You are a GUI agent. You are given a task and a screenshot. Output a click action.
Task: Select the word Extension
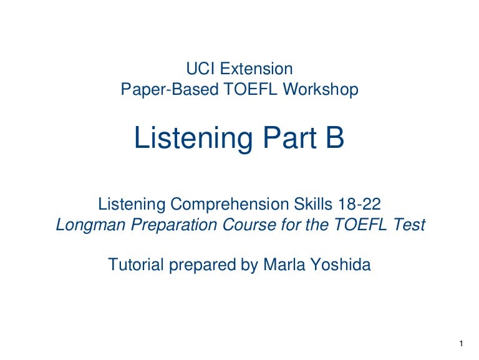pyautogui.click(x=256, y=69)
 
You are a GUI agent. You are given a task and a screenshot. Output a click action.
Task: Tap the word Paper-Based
pyautogui.click(x=170, y=90)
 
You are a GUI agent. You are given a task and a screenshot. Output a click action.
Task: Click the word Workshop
pyautogui.click(x=321, y=90)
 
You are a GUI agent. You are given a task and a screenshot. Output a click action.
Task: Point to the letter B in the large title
pyautogui.click(x=335, y=137)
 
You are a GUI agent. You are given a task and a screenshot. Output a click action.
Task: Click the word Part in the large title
pyautogui.click(x=289, y=137)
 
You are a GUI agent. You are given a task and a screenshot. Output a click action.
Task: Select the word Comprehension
pyautogui.click(x=230, y=204)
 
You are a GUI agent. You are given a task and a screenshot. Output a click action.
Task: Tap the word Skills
pyautogui.click(x=313, y=204)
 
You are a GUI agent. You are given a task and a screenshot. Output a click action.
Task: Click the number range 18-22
pyautogui.click(x=359, y=204)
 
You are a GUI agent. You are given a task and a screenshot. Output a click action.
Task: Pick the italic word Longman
pyautogui.click(x=90, y=225)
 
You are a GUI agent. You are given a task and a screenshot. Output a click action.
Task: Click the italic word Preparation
pyautogui.click(x=174, y=225)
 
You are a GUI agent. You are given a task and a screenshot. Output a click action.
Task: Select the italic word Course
pyautogui.click(x=249, y=225)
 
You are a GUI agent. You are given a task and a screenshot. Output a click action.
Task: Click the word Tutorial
pyautogui.click(x=136, y=265)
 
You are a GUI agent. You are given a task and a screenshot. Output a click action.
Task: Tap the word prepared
pyautogui.click(x=203, y=265)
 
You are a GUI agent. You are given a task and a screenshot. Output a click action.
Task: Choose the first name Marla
pyautogui.click(x=284, y=265)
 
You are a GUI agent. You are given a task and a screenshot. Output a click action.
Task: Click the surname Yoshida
pyautogui.click(x=341, y=265)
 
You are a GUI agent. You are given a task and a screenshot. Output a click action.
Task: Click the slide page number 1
pyautogui.click(x=462, y=344)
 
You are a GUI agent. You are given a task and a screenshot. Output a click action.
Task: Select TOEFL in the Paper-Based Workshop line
pyautogui.click(x=251, y=90)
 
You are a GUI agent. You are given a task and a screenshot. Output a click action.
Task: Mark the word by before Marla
pyautogui.click(x=249, y=265)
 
